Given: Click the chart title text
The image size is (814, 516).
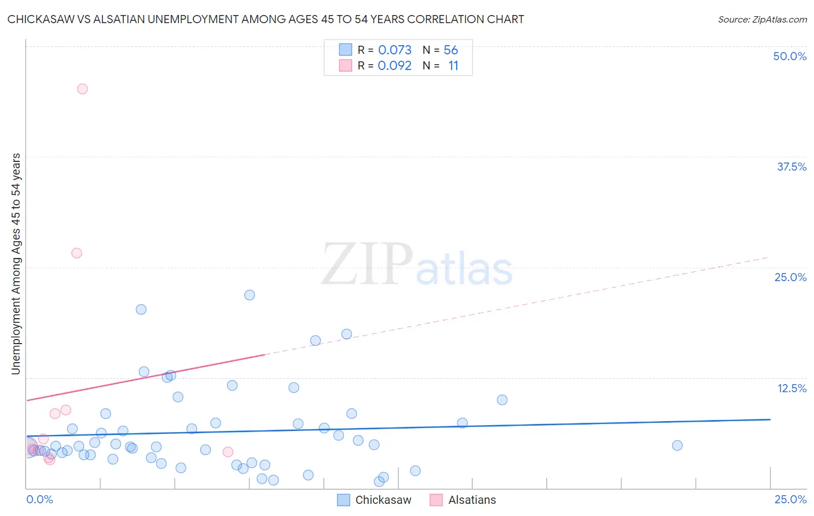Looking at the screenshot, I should click(266, 19).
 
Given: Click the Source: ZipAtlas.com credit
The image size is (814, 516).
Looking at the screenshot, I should click(762, 19).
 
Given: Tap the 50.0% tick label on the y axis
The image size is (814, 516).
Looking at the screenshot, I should click(790, 56).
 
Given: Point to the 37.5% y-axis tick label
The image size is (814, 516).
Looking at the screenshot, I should click(791, 167).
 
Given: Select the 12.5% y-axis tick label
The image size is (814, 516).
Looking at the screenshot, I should click(791, 388).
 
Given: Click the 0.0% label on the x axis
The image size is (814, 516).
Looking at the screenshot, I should click(39, 499).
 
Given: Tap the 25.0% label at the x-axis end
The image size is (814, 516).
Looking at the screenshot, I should click(790, 499).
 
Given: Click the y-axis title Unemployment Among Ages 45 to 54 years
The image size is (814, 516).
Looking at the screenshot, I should click(16, 264).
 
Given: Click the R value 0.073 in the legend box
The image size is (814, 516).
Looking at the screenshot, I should click(395, 50).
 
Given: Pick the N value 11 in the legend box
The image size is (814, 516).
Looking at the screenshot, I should click(453, 66).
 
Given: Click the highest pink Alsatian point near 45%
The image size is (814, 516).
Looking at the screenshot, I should click(82, 89).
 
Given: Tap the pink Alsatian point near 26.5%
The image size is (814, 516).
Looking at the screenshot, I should click(76, 253).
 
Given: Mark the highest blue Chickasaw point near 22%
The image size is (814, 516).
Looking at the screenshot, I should click(250, 295).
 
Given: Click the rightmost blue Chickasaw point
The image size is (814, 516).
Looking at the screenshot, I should click(677, 445).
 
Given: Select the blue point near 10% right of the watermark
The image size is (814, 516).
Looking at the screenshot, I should click(502, 400).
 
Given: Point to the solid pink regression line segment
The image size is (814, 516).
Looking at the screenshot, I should click(145, 377).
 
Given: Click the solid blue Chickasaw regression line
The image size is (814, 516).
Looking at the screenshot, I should click(405, 427).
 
